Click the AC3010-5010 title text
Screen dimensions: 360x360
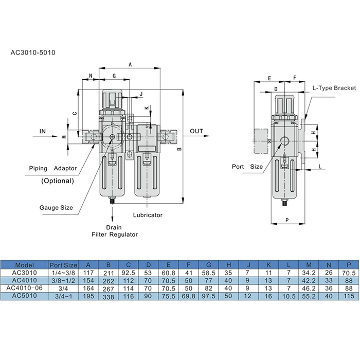click(x=33, y=52)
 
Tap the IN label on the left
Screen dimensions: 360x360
click(x=43, y=132)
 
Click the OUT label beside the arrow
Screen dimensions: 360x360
click(x=196, y=131)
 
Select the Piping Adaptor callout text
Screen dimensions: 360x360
click(x=53, y=168)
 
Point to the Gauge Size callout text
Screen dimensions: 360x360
click(x=56, y=208)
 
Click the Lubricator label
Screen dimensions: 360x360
click(x=148, y=215)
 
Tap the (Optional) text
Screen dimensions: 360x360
click(x=57, y=181)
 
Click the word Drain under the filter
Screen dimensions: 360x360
click(x=114, y=227)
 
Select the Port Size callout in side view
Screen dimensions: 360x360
click(x=247, y=167)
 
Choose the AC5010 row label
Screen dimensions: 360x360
click(x=25, y=296)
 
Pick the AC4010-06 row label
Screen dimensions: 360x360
click(x=25, y=289)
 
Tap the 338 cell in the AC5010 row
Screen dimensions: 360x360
click(x=109, y=296)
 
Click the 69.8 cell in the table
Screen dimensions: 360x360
click(x=190, y=296)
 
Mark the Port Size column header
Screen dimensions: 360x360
click(x=64, y=266)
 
